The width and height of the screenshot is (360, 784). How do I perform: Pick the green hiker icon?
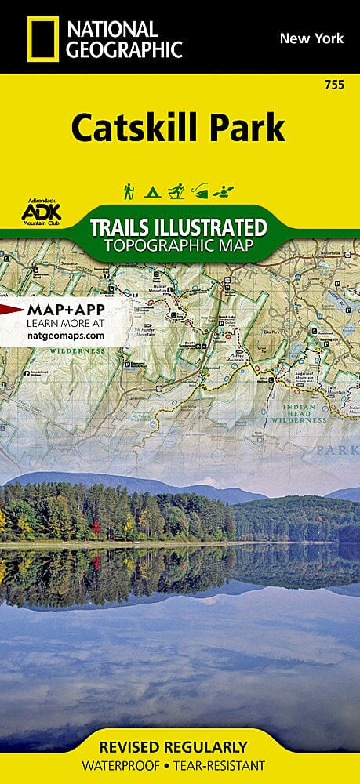tap(128, 191)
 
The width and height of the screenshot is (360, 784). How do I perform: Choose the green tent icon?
tap(152, 191)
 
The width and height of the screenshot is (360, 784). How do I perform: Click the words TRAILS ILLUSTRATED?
tap(178, 228)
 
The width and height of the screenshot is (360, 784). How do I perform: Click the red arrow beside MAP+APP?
tap(11, 310)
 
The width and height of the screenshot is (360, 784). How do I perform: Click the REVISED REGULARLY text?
tap(179, 747)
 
